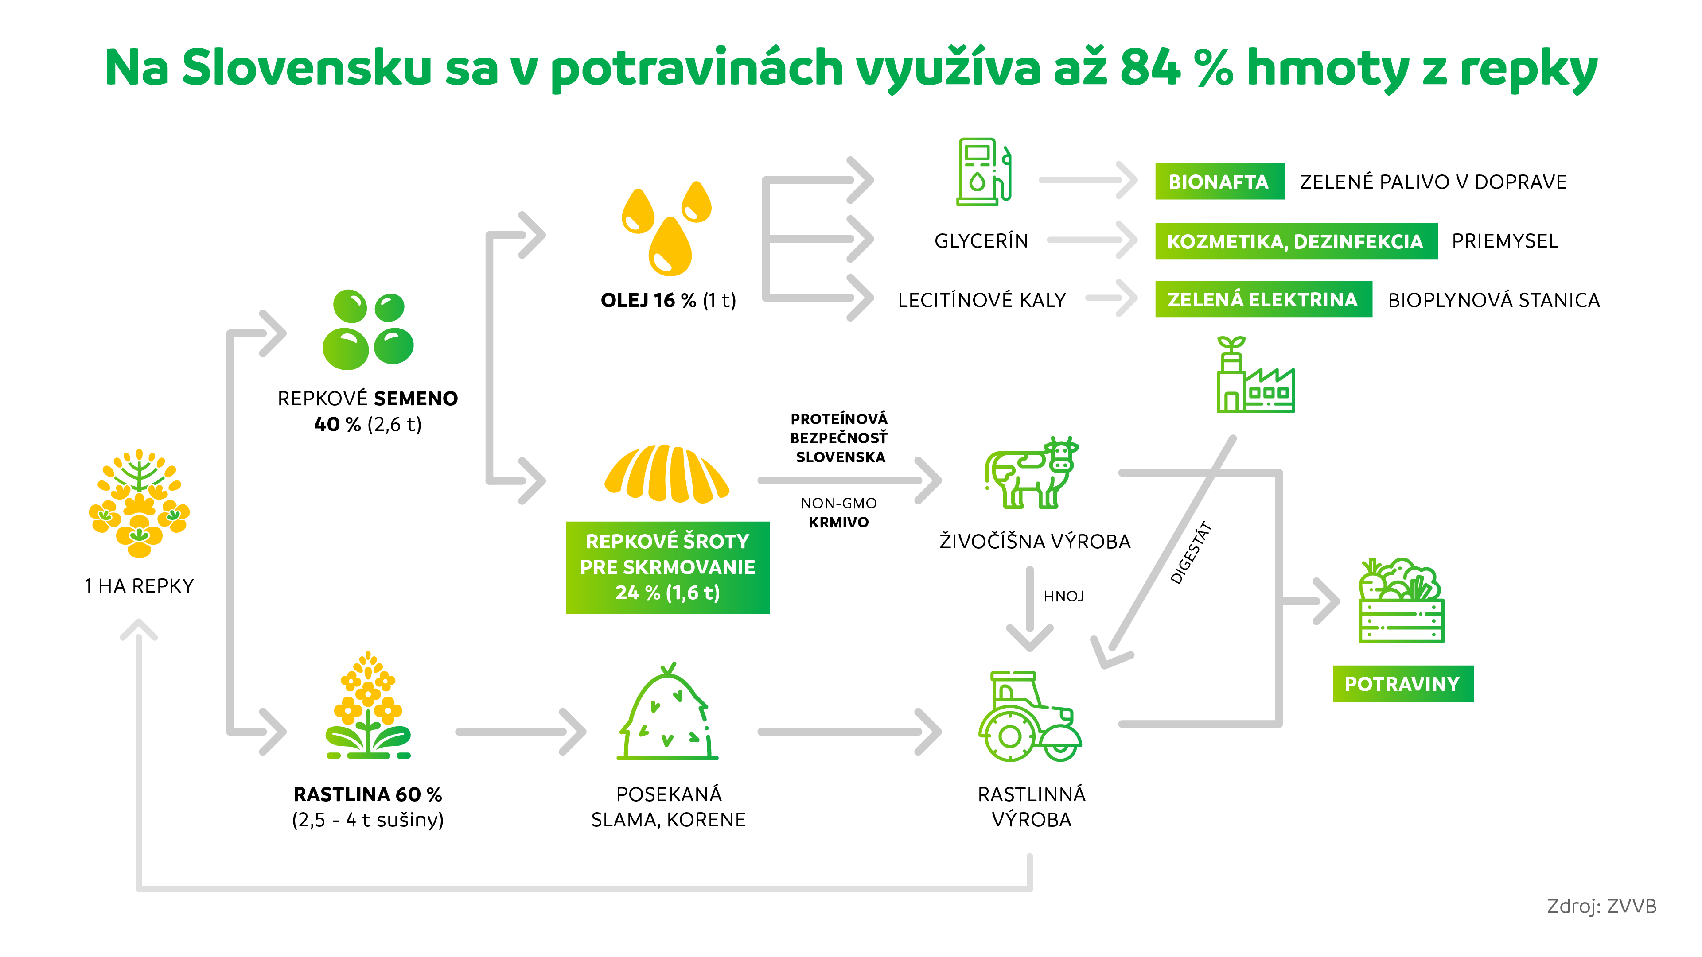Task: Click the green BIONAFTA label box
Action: coord(1219,182)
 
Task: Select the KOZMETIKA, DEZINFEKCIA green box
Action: coord(1295,241)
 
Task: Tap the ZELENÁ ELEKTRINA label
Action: coord(1262,300)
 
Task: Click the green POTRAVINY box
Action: coord(1402,684)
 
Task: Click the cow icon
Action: coord(1029,473)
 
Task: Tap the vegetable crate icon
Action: coord(1401,601)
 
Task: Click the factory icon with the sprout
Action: coord(1254,376)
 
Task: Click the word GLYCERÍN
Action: coord(981,241)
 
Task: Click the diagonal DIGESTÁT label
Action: coord(1191,554)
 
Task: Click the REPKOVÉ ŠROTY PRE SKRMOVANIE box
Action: coord(667,567)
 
